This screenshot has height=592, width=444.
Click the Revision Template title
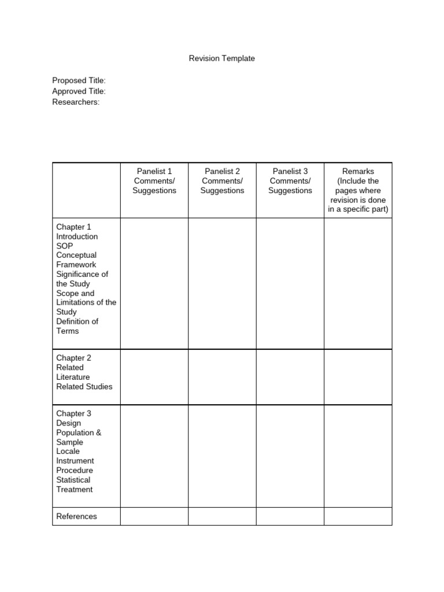click(222, 58)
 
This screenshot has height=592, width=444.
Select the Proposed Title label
click(79, 80)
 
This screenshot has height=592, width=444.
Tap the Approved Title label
click(79, 91)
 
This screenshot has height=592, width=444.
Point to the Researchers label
click(76, 102)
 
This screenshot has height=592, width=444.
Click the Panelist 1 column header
click(154, 171)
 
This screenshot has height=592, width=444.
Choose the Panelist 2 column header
click(222, 171)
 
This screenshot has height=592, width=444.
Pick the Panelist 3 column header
click(290, 171)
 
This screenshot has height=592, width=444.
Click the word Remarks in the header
click(358, 171)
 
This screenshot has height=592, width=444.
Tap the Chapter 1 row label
click(73, 227)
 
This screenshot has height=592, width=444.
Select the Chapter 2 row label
click(73, 358)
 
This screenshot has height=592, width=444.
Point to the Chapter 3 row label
click(73, 413)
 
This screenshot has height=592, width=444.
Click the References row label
click(76, 516)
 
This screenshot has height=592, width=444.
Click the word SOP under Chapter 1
click(65, 246)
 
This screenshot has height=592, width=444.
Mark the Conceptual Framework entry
click(76, 260)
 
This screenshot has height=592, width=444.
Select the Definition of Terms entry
click(77, 326)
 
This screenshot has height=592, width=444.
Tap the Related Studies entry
click(84, 386)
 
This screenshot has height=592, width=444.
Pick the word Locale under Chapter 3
click(68, 451)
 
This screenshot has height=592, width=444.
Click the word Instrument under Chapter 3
click(75, 461)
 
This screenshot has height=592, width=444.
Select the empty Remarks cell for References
click(358, 516)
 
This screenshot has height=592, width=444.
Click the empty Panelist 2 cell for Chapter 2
click(222, 377)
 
